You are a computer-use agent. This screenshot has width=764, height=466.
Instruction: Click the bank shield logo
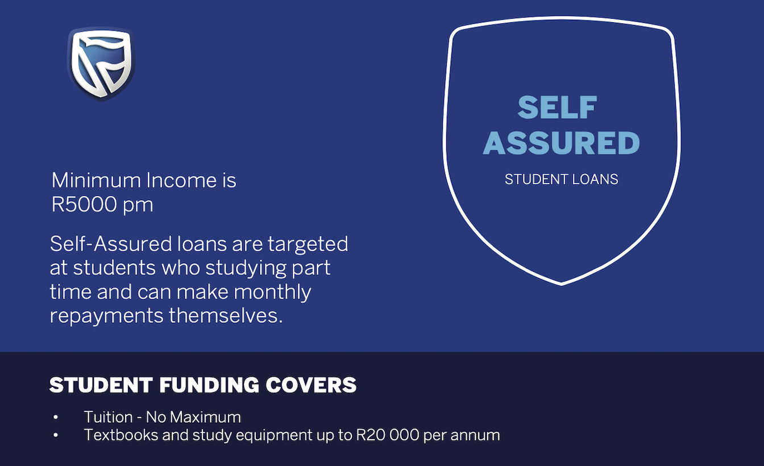pos(101,64)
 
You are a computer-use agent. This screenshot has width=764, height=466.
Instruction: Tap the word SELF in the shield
pos(557,108)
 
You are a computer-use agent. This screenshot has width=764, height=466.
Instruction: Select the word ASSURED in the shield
pos(561,143)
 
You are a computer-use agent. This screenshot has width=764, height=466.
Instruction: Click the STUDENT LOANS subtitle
pos(561,180)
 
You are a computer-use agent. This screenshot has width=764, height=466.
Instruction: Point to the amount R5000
pos(83,205)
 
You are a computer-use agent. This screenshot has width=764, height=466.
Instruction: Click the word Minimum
pos(96,181)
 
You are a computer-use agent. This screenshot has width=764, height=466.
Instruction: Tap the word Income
pos(173,181)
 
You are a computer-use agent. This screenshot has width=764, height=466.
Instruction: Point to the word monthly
pos(272,292)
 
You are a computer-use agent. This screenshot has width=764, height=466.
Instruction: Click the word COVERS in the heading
pos(311,385)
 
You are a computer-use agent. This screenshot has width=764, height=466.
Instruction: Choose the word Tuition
pos(108,417)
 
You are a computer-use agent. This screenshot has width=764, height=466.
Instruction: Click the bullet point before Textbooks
pos(56,436)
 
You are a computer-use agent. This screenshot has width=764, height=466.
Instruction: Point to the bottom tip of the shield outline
pos(562,283)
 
